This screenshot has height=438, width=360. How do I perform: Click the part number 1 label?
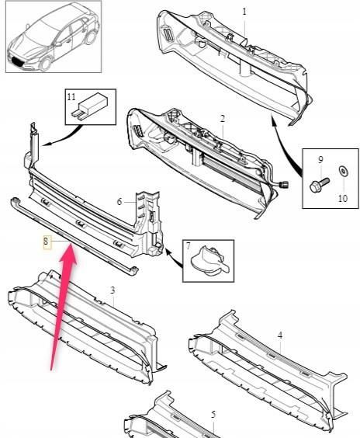pos(244,12)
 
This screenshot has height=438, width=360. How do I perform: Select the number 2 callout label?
pos(222,119)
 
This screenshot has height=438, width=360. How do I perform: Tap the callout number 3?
pos(112,290)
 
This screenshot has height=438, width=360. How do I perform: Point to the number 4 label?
pos(280,335)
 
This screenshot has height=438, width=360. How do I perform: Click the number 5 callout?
pos(213,415)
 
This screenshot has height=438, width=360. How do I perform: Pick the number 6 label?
pos(119,201)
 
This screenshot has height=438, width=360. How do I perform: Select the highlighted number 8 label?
pos(47,242)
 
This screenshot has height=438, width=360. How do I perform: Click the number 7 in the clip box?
pos(189,246)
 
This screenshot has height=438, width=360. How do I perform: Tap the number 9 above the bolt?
pos(320,160)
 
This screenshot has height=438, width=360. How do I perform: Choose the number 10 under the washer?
pos(343,198)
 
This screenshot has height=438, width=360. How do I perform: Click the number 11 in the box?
pos(71,96)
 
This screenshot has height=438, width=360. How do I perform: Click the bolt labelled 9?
pos(320,185)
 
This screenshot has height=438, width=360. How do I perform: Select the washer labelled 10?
pos(344,171)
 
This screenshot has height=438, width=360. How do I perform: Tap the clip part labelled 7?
pos(209,261)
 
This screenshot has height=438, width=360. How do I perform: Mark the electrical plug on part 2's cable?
pos(283,184)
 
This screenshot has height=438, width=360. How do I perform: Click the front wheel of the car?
pos(45,64)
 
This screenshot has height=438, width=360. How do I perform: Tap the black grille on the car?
pos(18,61)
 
